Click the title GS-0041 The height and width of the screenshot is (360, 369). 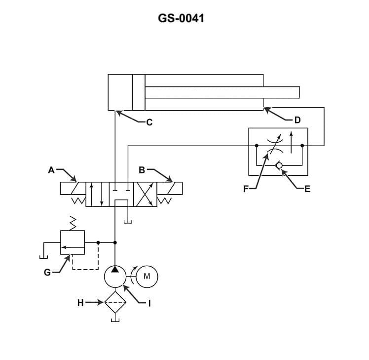(x=181, y=19)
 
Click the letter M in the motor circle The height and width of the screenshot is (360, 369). (x=147, y=277)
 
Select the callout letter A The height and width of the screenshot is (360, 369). (x=51, y=170)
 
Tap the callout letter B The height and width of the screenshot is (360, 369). (x=142, y=170)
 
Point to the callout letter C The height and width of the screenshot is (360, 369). (x=149, y=122)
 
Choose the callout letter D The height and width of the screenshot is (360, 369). (x=297, y=120)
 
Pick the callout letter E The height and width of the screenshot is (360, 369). (x=307, y=188)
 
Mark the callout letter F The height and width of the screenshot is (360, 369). (x=246, y=188)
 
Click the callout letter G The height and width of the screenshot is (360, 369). (x=47, y=272)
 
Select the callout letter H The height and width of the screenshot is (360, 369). (x=80, y=303)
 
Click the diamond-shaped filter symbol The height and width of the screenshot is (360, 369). (x=115, y=302)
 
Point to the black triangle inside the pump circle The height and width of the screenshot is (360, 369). (x=115, y=270)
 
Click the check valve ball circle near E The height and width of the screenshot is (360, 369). (x=280, y=165)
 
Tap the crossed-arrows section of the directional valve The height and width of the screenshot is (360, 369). (x=146, y=194)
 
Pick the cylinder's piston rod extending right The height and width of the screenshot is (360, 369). (x=222, y=92)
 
